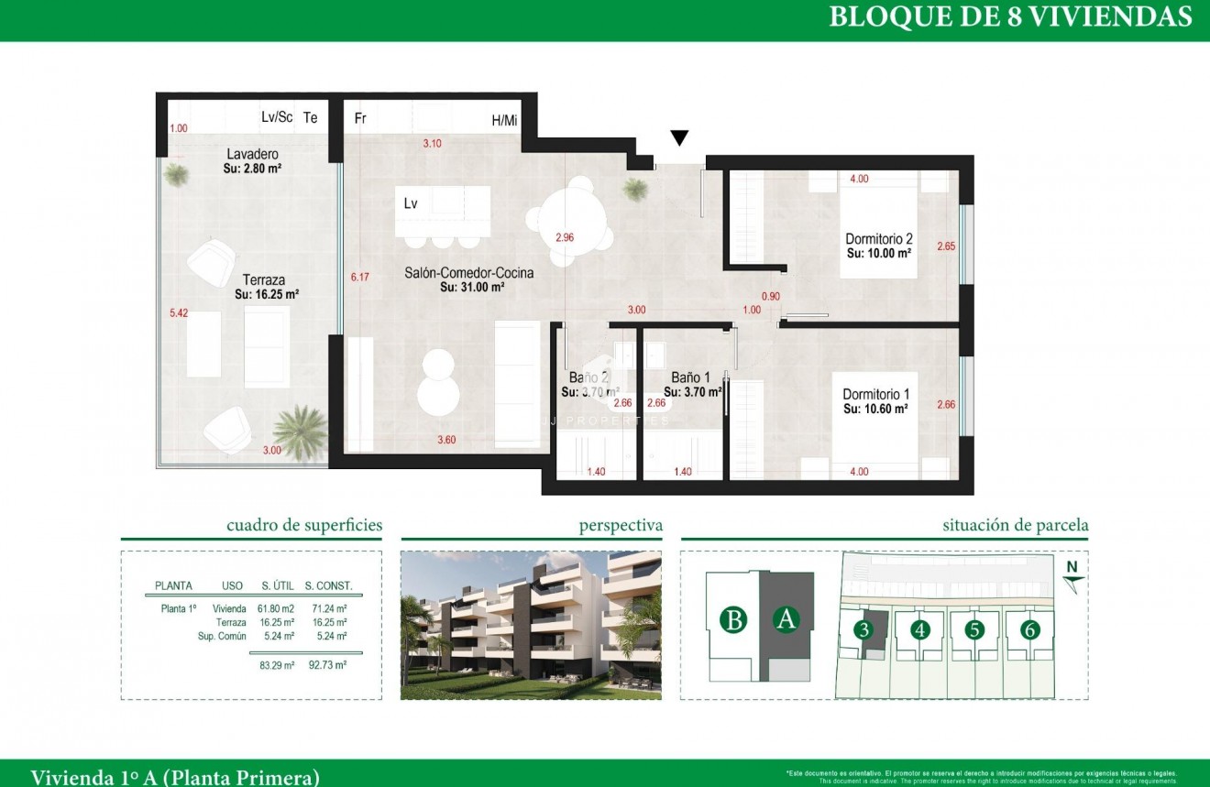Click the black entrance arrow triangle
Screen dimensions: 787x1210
click(x=678, y=138)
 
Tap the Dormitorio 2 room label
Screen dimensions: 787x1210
click(x=878, y=238)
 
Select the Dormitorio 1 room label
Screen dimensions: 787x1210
click(x=875, y=395)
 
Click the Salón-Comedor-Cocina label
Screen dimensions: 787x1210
click(x=469, y=273)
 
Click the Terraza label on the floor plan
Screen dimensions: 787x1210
click(x=264, y=280)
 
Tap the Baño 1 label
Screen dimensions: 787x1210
click(x=690, y=377)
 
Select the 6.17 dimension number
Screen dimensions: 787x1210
click(x=359, y=276)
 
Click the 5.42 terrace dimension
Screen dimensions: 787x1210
click(x=178, y=313)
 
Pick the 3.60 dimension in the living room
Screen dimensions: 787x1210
click(x=446, y=440)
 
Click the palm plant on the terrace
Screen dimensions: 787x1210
click(x=300, y=428)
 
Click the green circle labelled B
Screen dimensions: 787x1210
click(x=732, y=620)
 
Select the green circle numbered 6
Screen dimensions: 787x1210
click(x=1030, y=629)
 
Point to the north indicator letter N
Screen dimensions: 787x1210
click(x=1071, y=567)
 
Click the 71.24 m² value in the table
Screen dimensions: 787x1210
click(x=328, y=608)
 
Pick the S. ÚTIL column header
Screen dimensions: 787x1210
click(x=278, y=585)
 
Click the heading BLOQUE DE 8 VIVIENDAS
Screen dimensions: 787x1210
click(x=1010, y=17)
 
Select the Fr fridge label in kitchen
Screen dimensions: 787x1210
click(x=360, y=118)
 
